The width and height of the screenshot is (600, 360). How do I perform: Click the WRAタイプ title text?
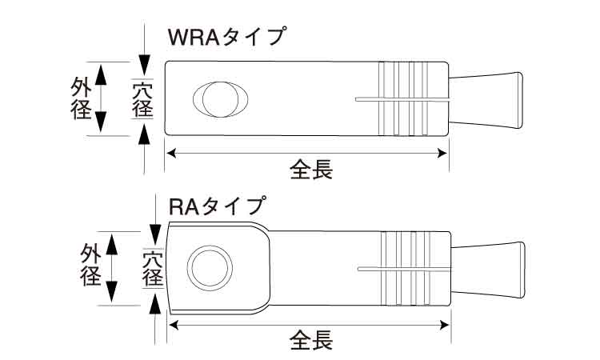pyautogui.click(x=226, y=37)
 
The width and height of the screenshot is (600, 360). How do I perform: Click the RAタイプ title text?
pyautogui.click(x=215, y=206)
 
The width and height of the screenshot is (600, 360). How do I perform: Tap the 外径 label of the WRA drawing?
pyautogui.click(x=82, y=98)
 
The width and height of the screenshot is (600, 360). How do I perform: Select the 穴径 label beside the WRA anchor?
pyautogui.click(x=143, y=98)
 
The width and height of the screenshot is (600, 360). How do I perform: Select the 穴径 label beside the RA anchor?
pyautogui.click(x=153, y=267)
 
